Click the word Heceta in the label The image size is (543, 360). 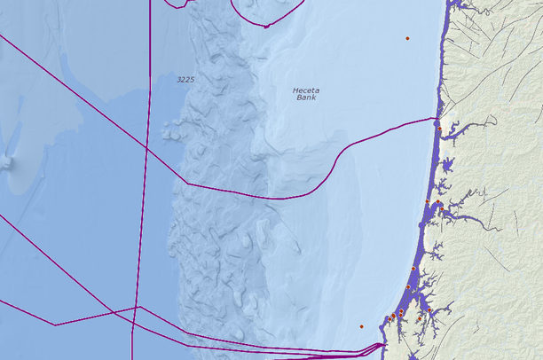(307, 90)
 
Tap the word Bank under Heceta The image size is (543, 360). (306, 98)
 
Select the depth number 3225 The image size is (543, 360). (185, 80)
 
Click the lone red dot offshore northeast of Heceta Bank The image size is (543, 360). (407, 38)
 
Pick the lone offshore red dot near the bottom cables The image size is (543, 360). (361, 326)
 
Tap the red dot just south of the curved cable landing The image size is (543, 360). (439, 129)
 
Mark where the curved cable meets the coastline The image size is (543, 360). (436, 119)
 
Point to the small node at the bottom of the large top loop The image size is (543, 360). (265, 27)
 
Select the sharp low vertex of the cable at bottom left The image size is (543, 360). (56, 325)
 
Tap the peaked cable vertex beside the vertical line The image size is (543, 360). (137, 307)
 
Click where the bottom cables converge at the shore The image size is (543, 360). (382, 345)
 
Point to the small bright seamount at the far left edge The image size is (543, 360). (6, 162)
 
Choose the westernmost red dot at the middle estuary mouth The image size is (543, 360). (427, 202)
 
